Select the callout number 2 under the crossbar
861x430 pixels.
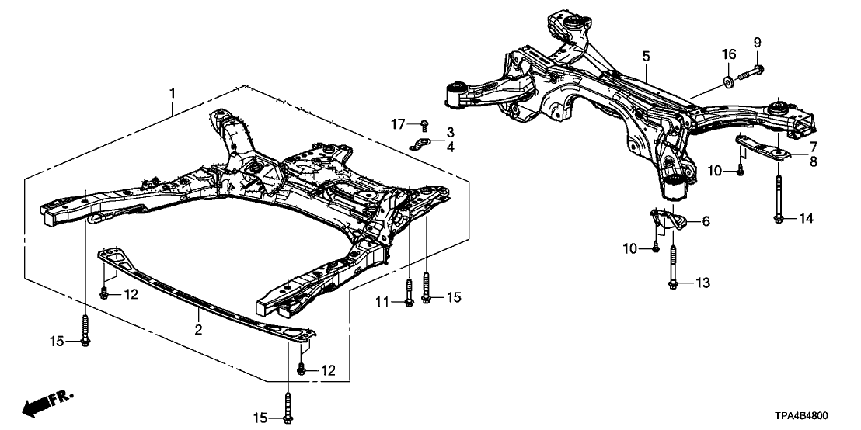pos(199,330)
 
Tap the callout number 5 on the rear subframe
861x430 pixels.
pos(646,56)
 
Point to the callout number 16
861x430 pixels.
pos(728,54)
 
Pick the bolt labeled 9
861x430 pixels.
pos(748,74)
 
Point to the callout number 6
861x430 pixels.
pos(706,221)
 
